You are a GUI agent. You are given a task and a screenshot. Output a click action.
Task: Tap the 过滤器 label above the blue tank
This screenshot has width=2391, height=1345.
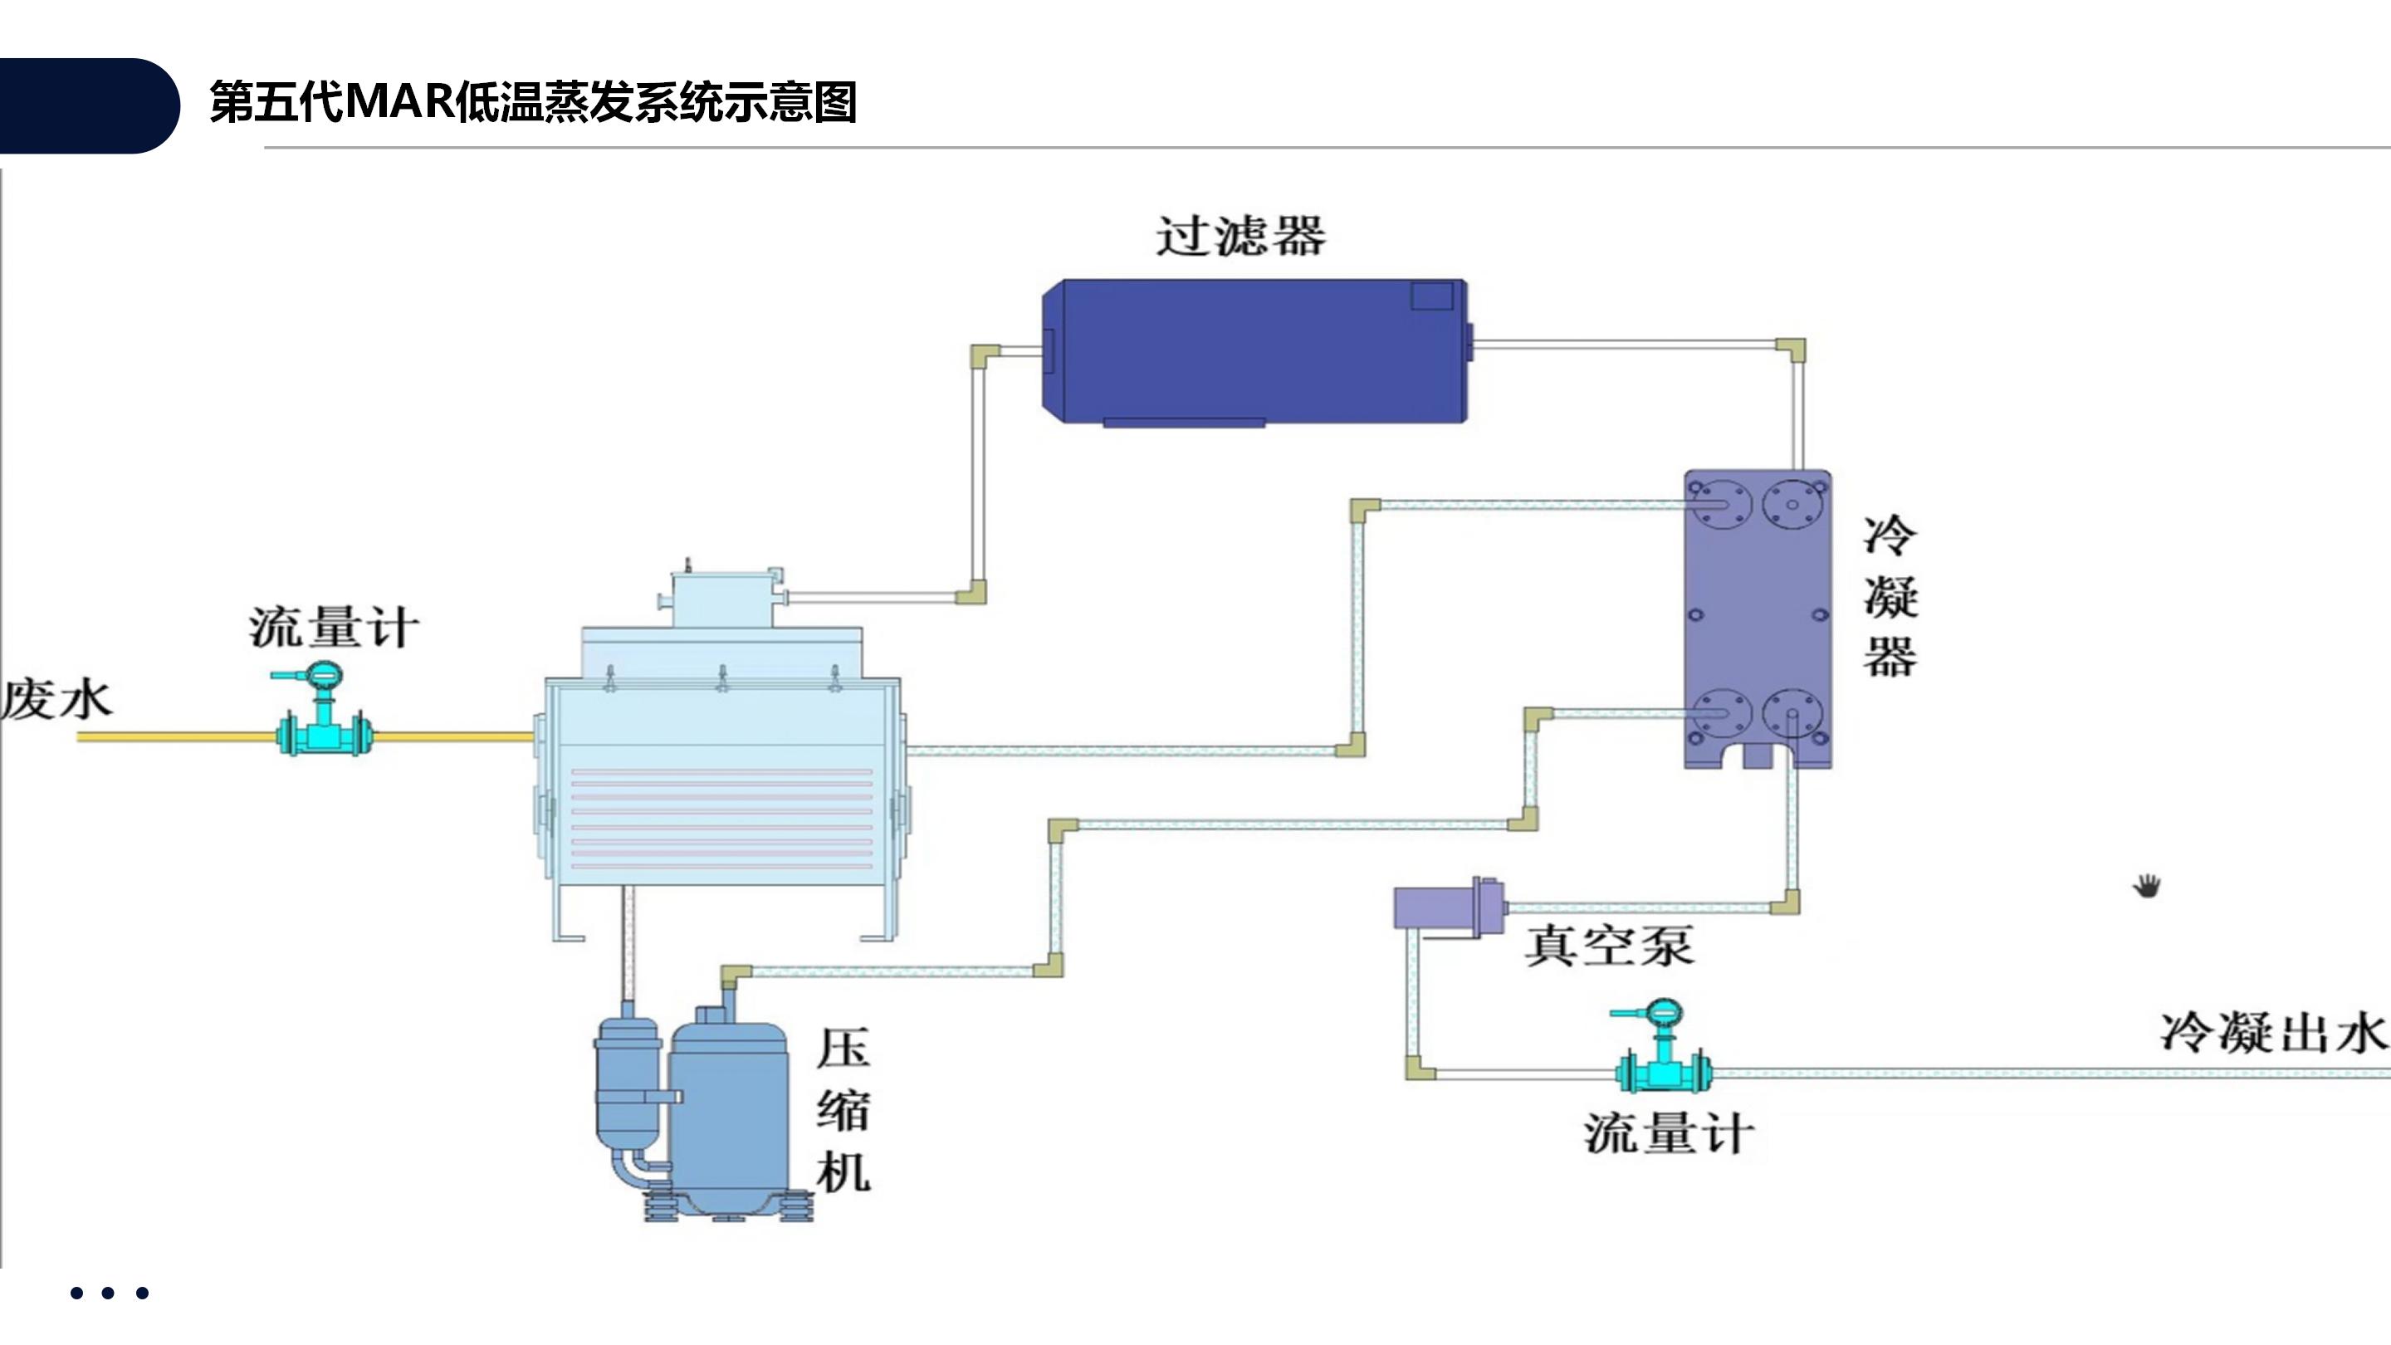point(1240,236)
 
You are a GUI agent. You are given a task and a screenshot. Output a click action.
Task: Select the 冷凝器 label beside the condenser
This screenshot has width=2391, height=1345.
point(1890,596)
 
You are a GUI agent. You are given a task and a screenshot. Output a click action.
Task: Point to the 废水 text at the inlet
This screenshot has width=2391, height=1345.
point(56,700)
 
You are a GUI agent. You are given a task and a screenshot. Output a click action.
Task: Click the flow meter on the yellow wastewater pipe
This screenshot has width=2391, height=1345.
point(324,724)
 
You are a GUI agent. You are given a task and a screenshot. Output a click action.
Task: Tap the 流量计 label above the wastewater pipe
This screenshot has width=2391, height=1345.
point(333,628)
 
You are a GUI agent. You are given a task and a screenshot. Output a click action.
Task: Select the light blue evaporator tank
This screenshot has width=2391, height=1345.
point(722,780)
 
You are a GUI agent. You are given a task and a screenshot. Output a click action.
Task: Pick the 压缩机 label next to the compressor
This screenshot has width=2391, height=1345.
point(843,1110)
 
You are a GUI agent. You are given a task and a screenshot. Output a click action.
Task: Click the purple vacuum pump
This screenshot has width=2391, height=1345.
point(1448,907)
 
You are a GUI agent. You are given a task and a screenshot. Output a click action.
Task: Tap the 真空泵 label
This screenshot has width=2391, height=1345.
point(1609,946)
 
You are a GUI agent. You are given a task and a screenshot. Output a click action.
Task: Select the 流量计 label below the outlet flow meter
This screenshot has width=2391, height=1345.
point(1669,1134)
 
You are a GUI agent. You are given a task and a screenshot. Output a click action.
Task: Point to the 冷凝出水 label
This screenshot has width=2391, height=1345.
point(2272,1032)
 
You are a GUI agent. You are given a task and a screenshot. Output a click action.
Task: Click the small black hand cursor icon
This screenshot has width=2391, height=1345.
point(2147,886)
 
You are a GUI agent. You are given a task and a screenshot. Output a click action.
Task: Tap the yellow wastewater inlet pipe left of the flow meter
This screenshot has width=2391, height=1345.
point(176,737)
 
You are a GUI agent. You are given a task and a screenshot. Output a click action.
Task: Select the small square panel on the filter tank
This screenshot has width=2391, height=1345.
point(1432,296)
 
